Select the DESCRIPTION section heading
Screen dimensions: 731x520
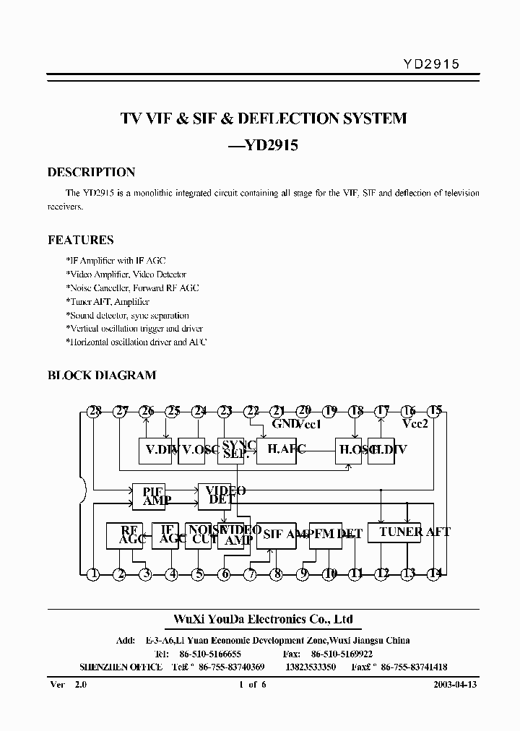[91, 173]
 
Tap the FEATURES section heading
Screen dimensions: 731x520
[80, 240]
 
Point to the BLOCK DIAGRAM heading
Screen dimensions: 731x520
[101, 376]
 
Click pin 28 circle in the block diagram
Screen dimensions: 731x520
[93, 411]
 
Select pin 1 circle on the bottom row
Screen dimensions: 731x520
[93, 575]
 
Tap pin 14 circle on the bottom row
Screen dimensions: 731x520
[434, 575]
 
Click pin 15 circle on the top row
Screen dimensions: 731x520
[435, 411]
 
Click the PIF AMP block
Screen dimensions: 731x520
[152, 496]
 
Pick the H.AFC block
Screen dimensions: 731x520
[277, 450]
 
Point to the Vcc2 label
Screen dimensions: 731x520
[415, 424]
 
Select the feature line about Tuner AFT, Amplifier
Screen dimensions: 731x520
[108, 302]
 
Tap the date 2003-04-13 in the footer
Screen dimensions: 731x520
[456, 685]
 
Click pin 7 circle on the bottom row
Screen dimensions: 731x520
[251, 575]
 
